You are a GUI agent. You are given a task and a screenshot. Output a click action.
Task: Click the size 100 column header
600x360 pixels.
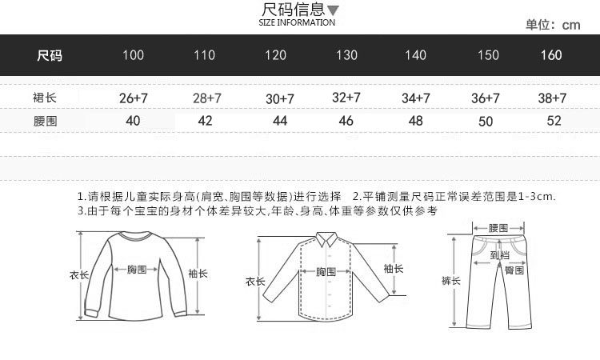[133, 55]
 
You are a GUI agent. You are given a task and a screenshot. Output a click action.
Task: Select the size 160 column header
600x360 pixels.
[551, 55]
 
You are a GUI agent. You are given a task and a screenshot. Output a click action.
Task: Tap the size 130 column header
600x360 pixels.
[346, 55]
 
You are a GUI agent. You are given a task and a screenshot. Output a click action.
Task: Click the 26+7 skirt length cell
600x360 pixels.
[134, 98]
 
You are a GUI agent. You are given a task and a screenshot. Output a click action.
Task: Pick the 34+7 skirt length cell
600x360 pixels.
[416, 98]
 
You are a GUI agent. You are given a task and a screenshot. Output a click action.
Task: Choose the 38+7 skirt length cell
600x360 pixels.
[551, 98]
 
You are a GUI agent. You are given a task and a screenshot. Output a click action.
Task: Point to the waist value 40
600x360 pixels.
[133, 121]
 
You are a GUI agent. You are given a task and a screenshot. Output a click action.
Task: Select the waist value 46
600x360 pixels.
[346, 121]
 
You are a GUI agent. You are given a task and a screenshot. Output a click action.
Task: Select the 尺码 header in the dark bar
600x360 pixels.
[50, 55]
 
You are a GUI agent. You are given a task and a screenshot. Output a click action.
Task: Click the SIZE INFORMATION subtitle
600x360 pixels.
[297, 22]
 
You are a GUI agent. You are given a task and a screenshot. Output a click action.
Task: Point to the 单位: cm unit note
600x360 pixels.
[553, 25]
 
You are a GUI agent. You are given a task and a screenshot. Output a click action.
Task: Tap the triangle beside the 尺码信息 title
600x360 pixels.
[334, 11]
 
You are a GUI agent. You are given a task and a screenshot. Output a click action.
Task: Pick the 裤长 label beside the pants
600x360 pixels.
[451, 280]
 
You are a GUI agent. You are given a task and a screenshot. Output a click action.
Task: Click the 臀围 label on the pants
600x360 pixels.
[514, 270]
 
